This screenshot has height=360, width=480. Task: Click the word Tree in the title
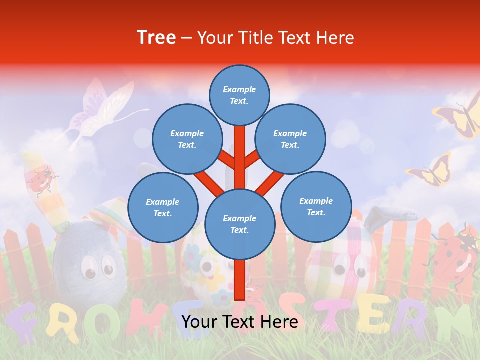tap(156, 38)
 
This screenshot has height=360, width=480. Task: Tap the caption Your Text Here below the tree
tap(239, 322)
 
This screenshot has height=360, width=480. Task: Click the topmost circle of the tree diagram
tap(239, 95)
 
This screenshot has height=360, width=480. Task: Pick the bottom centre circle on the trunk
tap(239, 224)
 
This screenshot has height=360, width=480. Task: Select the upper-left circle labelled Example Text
tap(187, 139)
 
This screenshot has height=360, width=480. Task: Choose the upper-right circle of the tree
tap(290, 139)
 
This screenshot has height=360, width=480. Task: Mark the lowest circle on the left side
tap(163, 207)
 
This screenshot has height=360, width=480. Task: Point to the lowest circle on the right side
tap(316, 206)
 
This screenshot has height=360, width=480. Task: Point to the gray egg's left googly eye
tap(90, 272)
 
